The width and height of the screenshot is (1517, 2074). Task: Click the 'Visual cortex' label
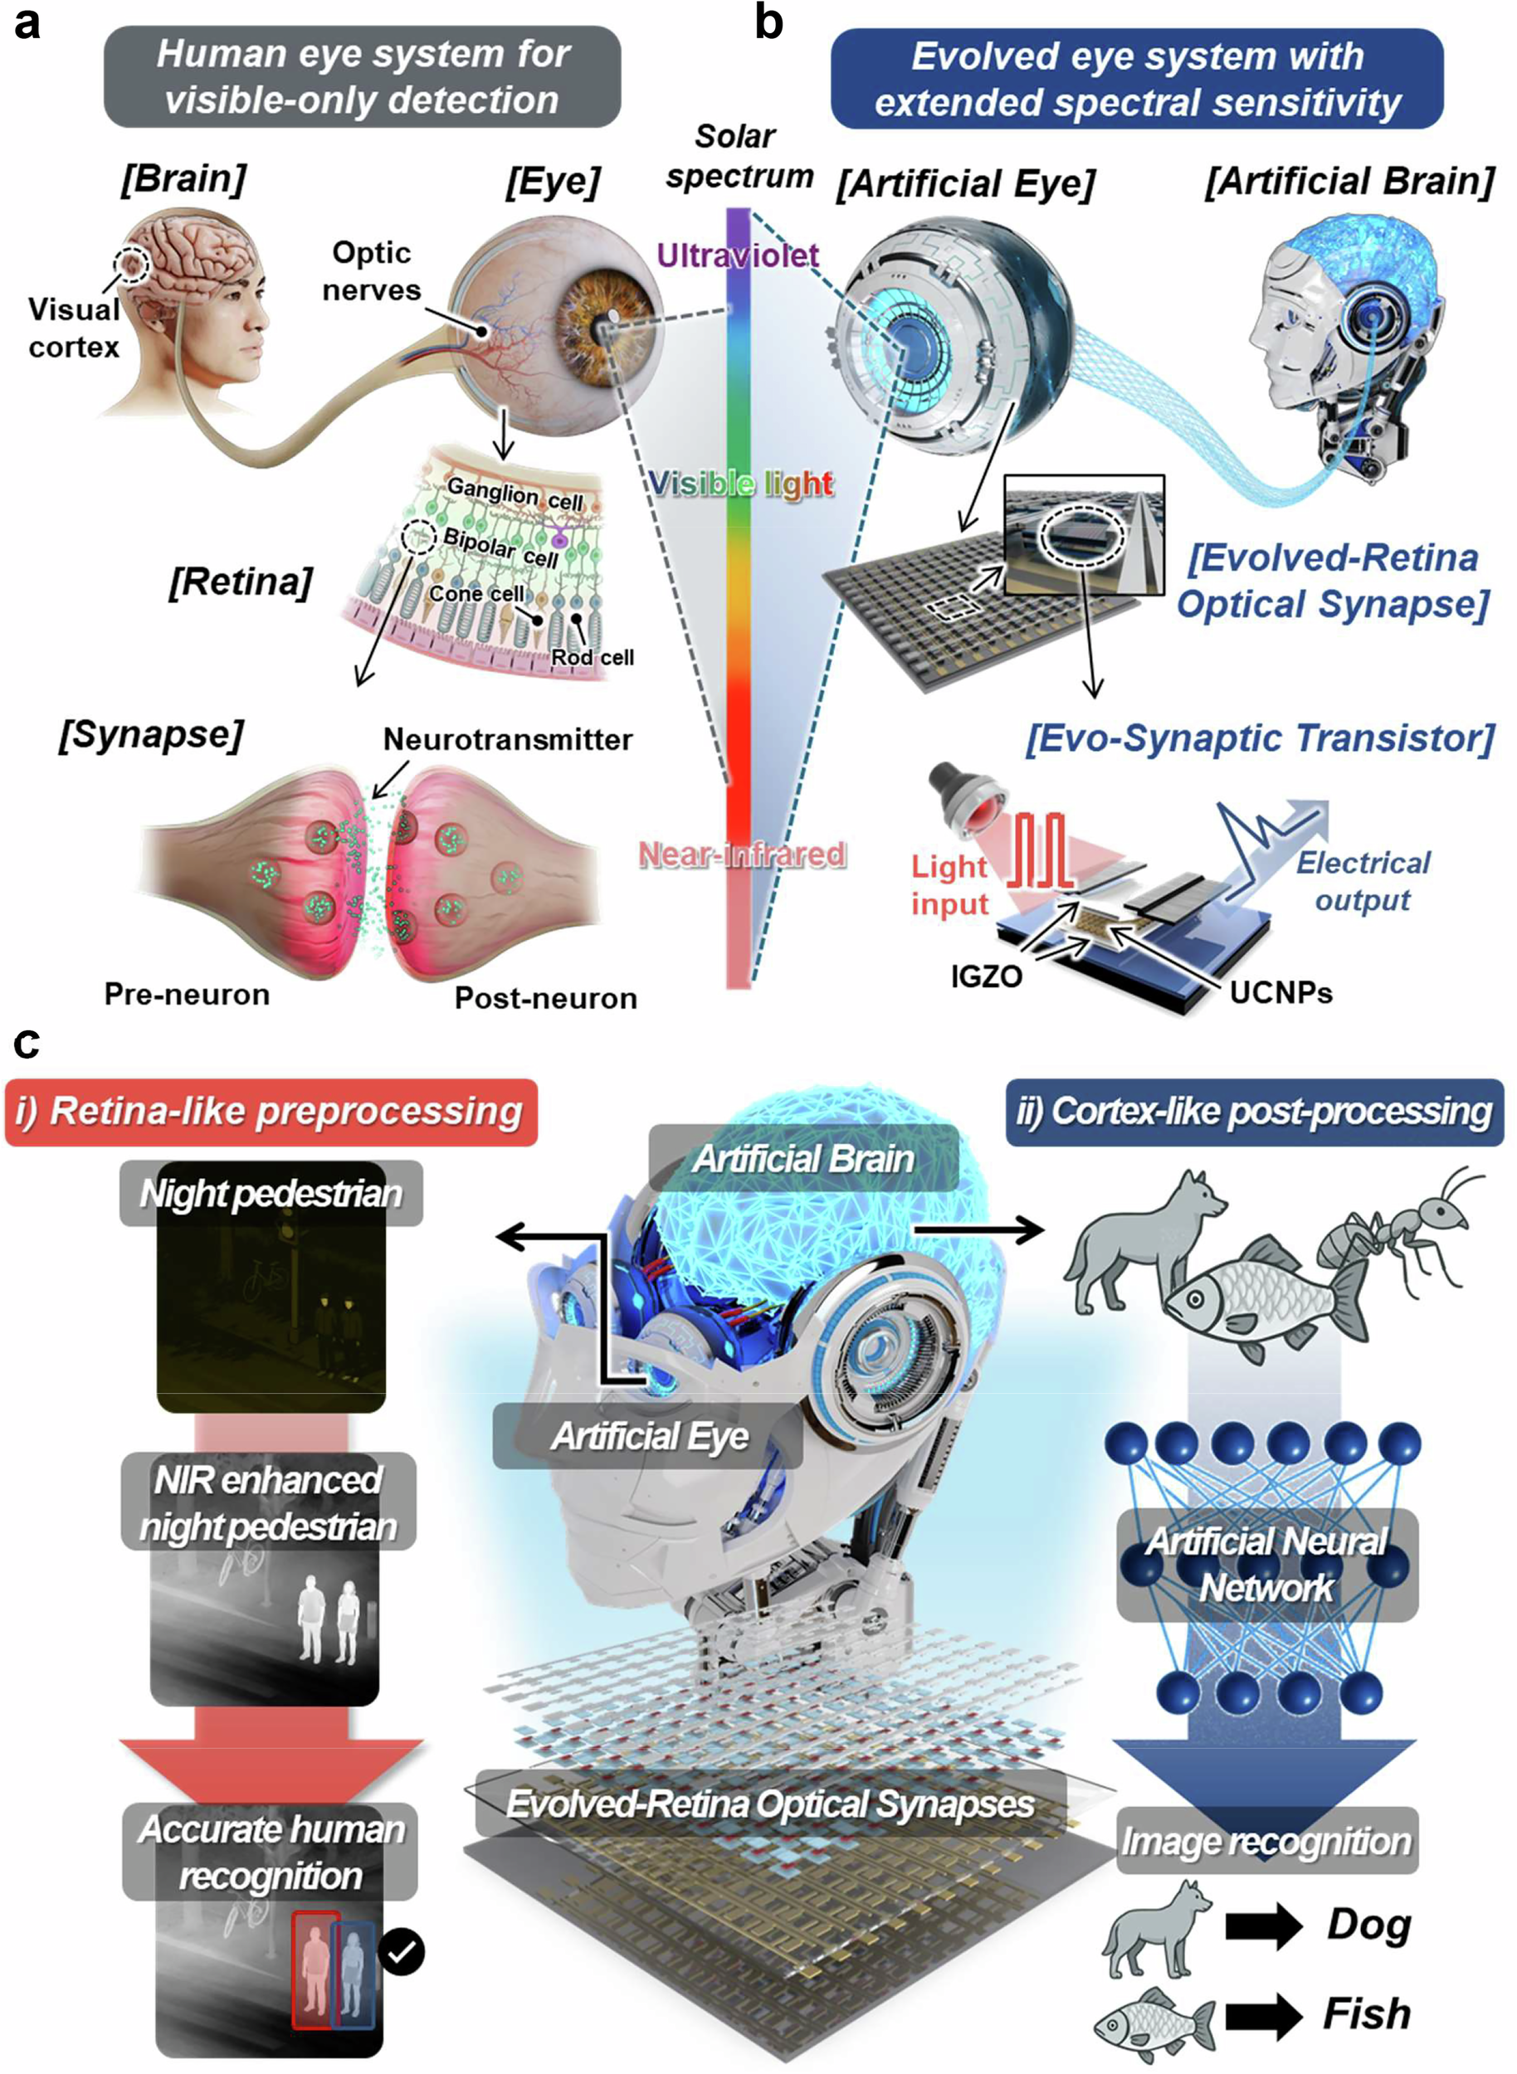[x=74, y=328]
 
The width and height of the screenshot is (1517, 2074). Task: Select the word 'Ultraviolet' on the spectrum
[x=738, y=256]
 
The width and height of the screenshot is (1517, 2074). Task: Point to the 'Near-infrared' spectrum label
[x=742, y=854]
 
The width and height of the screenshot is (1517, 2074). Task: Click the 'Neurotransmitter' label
[x=508, y=739]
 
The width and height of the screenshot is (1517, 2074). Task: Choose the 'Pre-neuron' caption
[x=188, y=995]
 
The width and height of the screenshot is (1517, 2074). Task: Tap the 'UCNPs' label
[x=1281, y=992]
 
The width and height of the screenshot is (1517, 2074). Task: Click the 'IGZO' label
[x=986, y=976]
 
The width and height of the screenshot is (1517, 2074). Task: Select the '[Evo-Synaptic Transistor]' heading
[x=1261, y=738]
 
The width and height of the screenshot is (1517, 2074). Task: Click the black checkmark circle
[x=402, y=1951]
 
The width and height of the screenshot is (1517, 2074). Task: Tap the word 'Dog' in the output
[x=1368, y=1925]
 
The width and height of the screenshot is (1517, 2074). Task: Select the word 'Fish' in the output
[x=1368, y=2013]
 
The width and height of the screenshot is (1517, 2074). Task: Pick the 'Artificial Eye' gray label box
[x=648, y=1436]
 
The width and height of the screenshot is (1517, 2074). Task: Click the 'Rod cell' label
[x=593, y=657]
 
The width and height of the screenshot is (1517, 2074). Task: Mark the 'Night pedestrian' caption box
[x=271, y=1193]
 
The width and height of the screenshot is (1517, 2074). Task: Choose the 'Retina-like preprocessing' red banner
[x=271, y=1112]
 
